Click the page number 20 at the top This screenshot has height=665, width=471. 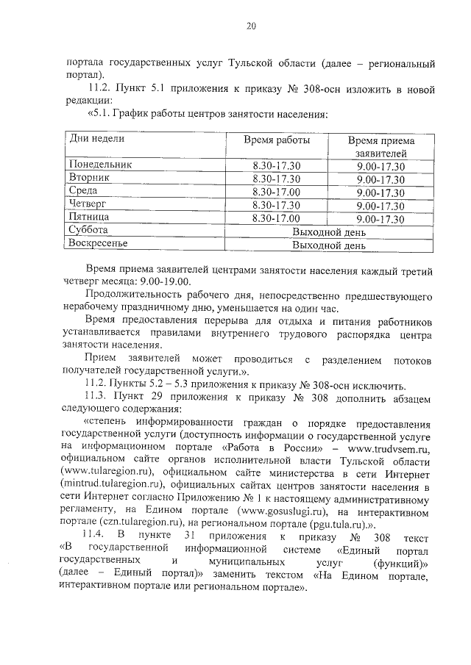[x=250, y=27]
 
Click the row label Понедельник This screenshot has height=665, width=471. [x=101, y=165]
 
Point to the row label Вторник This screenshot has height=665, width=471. [x=89, y=178]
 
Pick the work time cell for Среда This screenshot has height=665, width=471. [x=276, y=191]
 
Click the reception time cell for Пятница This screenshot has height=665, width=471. [x=380, y=218]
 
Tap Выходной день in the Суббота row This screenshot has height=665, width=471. [x=328, y=231]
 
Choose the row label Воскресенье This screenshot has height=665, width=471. [x=99, y=245]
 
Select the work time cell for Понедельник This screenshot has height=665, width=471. [x=276, y=165]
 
